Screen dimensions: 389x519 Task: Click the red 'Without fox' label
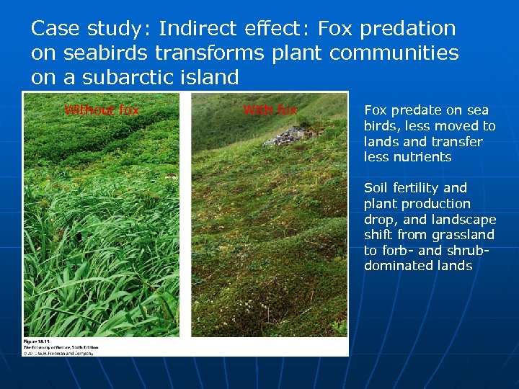click(102, 110)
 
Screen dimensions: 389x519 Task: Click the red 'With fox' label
click(270, 110)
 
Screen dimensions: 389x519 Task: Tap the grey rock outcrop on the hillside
click(290, 135)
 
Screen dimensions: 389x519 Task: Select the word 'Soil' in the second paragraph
click(376, 188)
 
